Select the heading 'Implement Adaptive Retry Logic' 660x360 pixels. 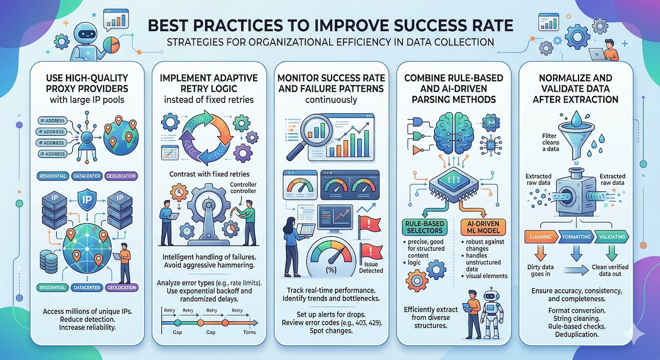[207, 83]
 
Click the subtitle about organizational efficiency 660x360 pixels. [330, 42]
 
